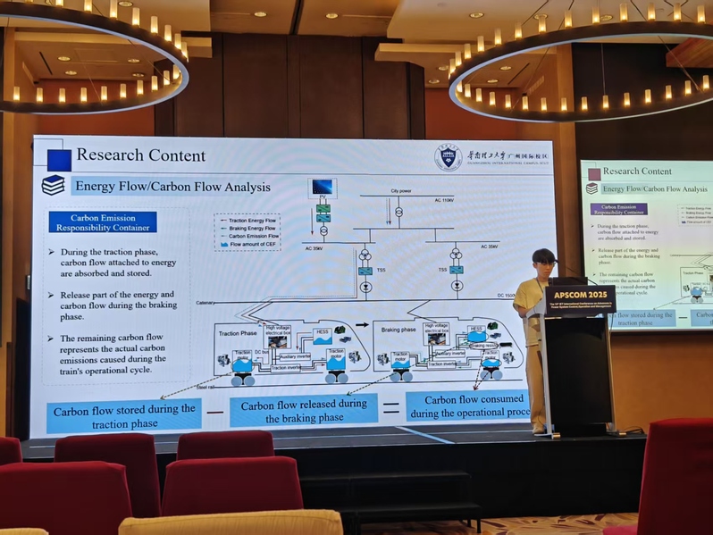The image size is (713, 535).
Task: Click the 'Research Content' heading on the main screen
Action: point(140,155)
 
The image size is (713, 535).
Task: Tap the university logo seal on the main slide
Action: point(448,157)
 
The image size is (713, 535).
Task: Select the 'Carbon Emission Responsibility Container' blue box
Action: point(102,222)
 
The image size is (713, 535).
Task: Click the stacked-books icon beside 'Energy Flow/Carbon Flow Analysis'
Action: point(54,185)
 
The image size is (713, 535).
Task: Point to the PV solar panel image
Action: point(322,188)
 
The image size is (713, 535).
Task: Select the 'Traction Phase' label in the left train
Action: point(238,332)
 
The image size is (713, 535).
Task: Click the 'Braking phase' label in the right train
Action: point(398,329)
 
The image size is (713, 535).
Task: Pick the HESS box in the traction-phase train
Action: point(323,333)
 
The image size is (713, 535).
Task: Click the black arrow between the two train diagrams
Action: point(362,325)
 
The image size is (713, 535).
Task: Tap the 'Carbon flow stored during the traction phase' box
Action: point(123,415)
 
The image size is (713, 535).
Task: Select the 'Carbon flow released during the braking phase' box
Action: point(303,410)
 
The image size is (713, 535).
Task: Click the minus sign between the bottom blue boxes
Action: point(214,412)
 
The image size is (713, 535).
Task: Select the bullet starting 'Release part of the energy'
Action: point(117,305)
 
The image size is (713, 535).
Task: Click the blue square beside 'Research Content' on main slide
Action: point(59,159)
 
